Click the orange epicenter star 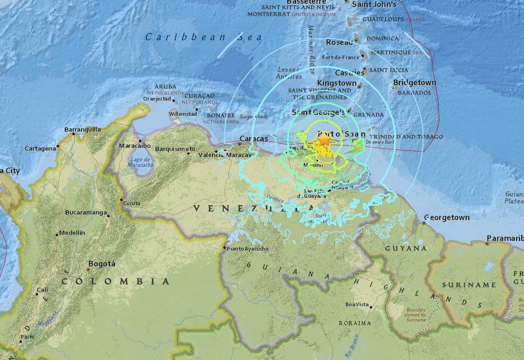[x=324, y=140]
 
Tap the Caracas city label [x=254, y=139]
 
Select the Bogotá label [x=102, y=264]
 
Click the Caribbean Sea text [x=204, y=37]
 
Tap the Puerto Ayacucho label [x=247, y=249]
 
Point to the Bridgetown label [x=414, y=83]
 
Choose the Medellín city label [x=72, y=233]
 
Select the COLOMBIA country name [x=116, y=281]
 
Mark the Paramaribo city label [x=505, y=238]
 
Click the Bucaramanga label [x=86, y=213]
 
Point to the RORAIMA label [x=354, y=323]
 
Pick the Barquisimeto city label [x=175, y=149]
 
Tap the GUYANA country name [x=405, y=248]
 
